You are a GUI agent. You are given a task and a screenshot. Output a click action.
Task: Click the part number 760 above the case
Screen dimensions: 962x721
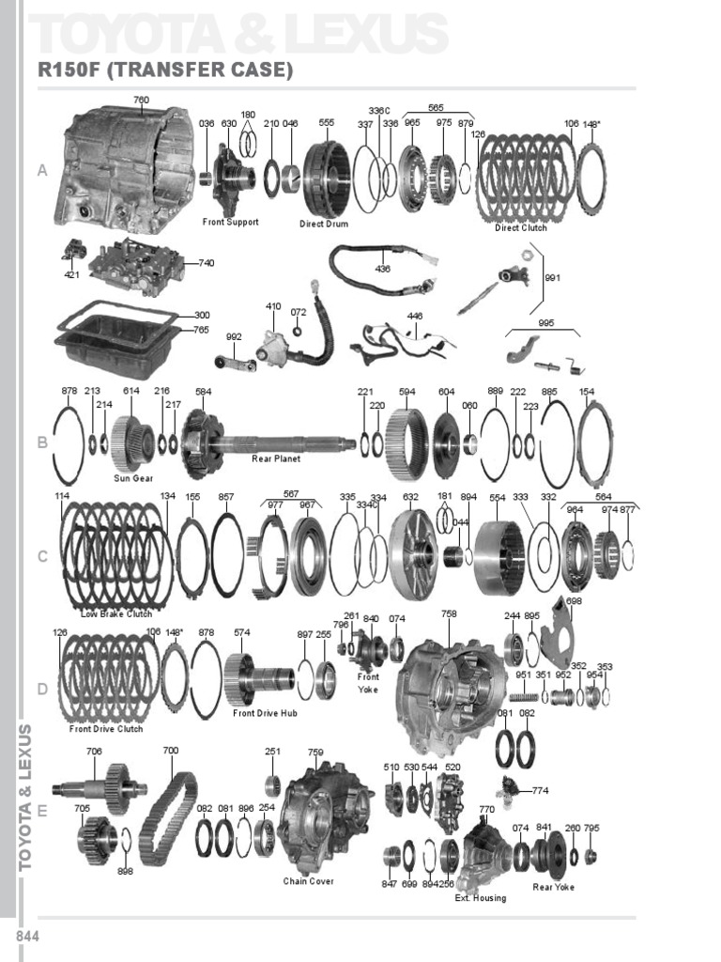(x=141, y=100)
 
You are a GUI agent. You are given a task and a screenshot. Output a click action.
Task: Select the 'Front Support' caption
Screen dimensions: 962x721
(x=230, y=223)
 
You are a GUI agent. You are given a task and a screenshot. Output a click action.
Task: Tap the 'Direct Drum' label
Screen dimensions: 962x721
(x=324, y=225)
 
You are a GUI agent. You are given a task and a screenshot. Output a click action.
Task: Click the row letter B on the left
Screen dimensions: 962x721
(x=42, y=443)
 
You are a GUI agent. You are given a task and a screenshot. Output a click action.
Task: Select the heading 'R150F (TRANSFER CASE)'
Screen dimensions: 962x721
(x=165, y=70)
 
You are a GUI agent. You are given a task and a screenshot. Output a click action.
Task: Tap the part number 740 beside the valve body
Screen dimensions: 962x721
(x=206, y=263)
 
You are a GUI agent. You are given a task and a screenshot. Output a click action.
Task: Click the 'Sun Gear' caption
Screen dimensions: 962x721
(x=133, y=478)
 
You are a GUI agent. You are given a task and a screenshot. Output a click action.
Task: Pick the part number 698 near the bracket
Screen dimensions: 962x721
(x=574, y=600)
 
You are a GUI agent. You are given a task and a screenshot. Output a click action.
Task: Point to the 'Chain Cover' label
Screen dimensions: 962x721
(x=308, y=882)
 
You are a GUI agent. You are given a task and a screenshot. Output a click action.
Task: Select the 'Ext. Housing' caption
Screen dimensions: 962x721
(x=480, y=898)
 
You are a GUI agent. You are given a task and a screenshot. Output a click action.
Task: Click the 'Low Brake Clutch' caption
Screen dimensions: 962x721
(x=116, y=614)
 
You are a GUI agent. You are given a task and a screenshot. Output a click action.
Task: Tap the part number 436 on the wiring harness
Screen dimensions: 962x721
(x=382, y=269)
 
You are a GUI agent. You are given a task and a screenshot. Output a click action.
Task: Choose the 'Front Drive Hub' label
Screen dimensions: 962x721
(x=265, y=714)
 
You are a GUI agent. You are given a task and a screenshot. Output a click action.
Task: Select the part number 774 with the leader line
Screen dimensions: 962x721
(x=540, y=790)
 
